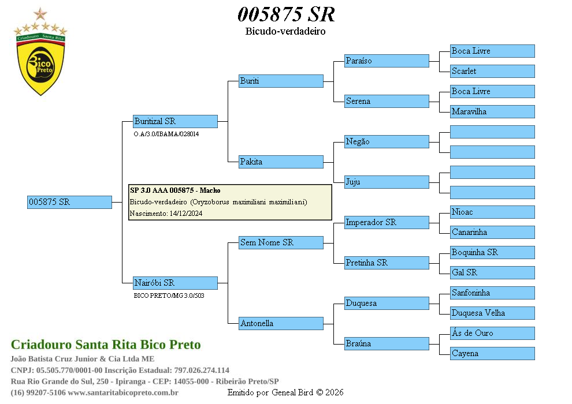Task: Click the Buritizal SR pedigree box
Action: tap(175, 121)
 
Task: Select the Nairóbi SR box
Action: tap(175, 283)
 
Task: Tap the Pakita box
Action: tap(281, 162)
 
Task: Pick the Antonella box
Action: tap(281, 323)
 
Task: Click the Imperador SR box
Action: tap(387, 222)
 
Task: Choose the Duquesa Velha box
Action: tap(492, 313)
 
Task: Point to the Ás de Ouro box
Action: tap(492, 333)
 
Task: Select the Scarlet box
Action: tap(492, 71)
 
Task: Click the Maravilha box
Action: tap(492, 111)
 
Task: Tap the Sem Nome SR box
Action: tap(281, 242)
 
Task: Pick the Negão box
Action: tap(387, 141)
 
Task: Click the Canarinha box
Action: tap(492, 232)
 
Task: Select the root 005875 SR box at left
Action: tap(69, 202)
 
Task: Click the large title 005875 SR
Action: tap(286, 14)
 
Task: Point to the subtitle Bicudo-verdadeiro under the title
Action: tap(285, 31)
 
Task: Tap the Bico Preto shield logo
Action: tap(40, 63)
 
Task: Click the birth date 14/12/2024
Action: tap(185, 214)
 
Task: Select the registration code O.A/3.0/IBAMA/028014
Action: tap(166, 134)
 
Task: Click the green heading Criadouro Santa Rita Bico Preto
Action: tap(106, 345)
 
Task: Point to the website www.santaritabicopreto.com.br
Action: tap(122, 392)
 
